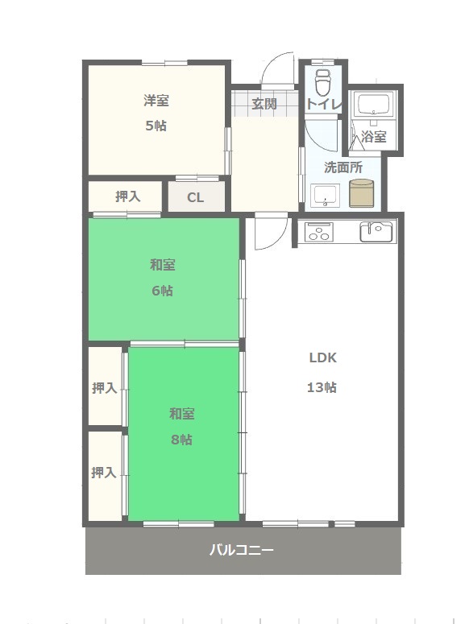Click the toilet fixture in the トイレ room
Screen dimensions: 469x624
coord(322,83)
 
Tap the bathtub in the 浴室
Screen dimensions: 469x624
coord(372,105)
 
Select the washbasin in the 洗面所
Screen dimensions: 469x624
coord(325,196)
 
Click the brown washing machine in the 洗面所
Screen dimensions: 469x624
coord(361,193)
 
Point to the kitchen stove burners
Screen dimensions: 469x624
coord(319,232)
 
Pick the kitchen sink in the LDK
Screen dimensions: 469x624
coord(376,232)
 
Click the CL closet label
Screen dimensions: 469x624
coord(195,197)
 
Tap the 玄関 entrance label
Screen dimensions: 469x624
coord(264,104)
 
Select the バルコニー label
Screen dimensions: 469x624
coord(242,550)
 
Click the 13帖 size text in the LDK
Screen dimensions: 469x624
coord(322,386)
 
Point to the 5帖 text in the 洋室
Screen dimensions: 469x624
coord(156,126)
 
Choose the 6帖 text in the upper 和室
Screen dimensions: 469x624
coord(162,291)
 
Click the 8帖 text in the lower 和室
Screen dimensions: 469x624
coord(181,440)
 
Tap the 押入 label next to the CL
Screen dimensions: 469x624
coord(128,196)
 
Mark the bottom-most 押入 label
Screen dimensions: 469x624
coord(103,473)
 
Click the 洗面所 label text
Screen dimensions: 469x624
coord(343,167)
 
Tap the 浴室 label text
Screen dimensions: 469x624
coord(373,137)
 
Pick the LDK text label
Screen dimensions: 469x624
coord(323,357)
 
